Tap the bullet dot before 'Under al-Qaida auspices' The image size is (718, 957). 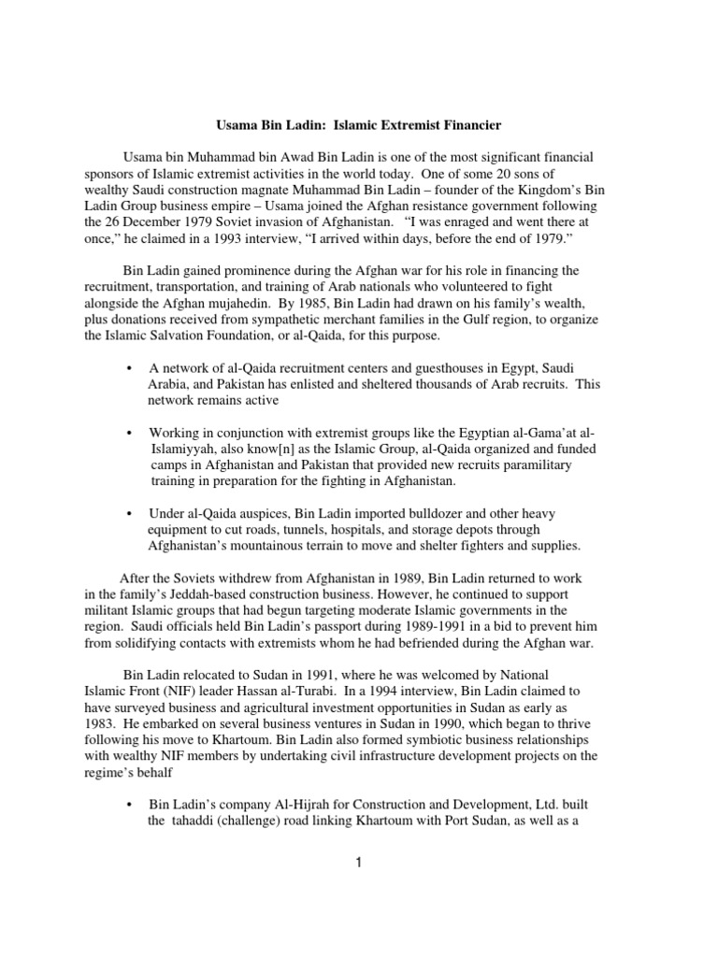point(128,513)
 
